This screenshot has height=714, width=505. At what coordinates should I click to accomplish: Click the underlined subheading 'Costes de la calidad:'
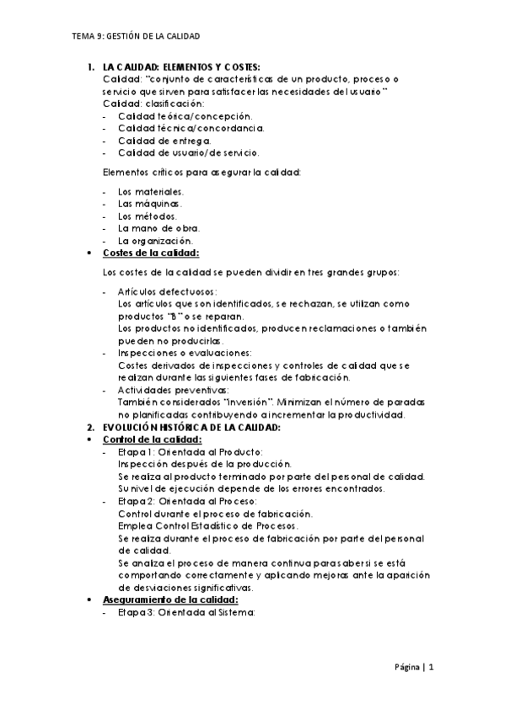pyautogui.click(x=151, y=253)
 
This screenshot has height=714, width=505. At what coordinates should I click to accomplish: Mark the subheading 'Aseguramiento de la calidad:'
pyautogui.click(x=170, y=600)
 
